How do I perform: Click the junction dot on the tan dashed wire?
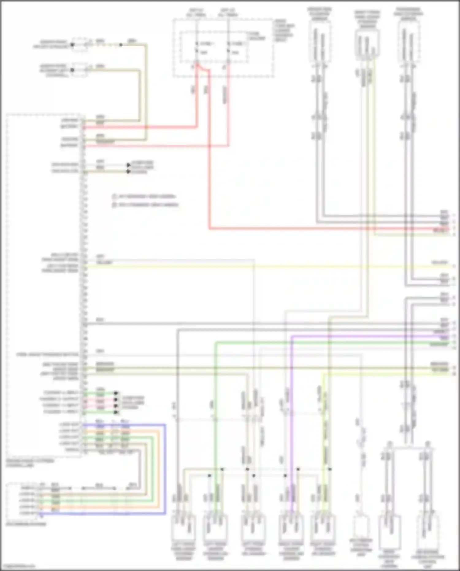[121, 45]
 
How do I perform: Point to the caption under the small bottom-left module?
[26, 524]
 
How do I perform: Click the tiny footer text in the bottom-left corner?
[18, 566]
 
